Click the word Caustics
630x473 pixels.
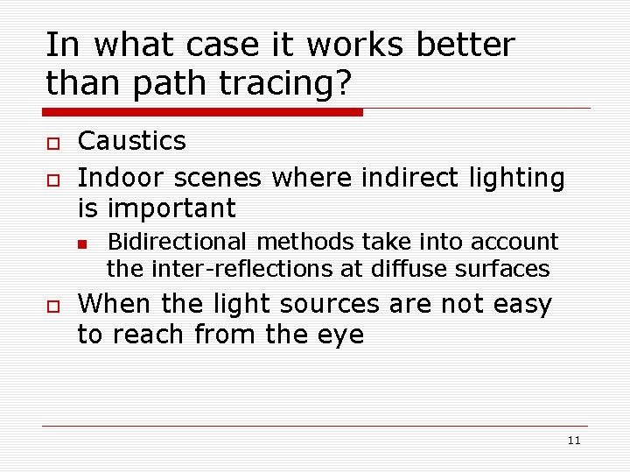(131, 141)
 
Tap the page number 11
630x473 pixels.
(574, 441)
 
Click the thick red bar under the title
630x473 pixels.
(203, 112)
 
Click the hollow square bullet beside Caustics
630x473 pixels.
(51, 143)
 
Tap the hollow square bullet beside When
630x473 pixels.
(51, 306)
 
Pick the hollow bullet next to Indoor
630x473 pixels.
(51, 180)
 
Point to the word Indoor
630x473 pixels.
(122, 178)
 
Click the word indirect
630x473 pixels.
(402, 178)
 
